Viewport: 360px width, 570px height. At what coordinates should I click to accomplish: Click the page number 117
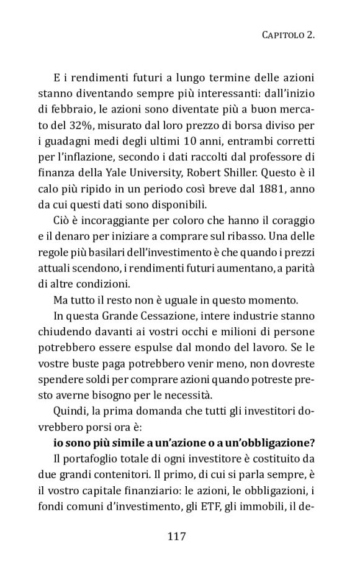[x=176, y=536]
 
